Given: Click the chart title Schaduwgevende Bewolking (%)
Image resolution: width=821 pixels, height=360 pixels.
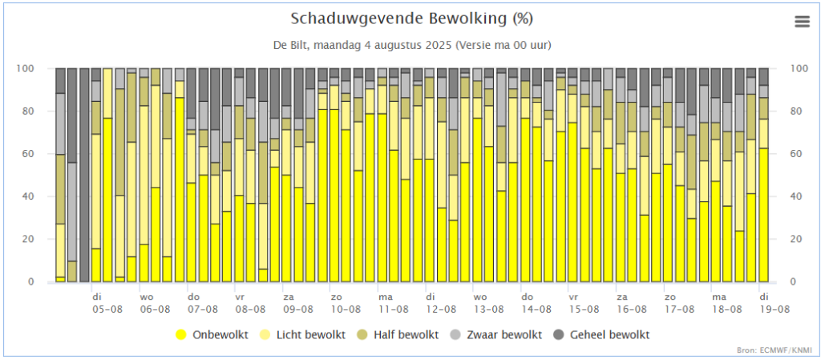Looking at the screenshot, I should pos(411,18).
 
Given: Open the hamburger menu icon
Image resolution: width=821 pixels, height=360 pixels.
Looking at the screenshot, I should pos(803,22).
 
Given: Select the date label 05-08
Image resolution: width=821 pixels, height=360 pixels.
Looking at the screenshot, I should pos(107,309).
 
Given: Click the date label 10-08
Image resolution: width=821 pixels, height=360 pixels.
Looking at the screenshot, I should pos(346,309).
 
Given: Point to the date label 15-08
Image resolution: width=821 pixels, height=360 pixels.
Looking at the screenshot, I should pos(584,309).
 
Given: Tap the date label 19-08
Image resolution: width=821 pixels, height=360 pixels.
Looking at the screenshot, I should pos(775,309).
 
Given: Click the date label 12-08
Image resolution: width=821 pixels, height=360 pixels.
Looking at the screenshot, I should pos(441,309).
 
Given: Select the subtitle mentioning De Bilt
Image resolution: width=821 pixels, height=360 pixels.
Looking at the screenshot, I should pos(411,44).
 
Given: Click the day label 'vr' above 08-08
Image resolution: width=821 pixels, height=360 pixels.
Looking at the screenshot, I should pos(240,296).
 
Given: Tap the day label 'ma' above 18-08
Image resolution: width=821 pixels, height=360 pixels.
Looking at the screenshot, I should pos(718,296).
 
